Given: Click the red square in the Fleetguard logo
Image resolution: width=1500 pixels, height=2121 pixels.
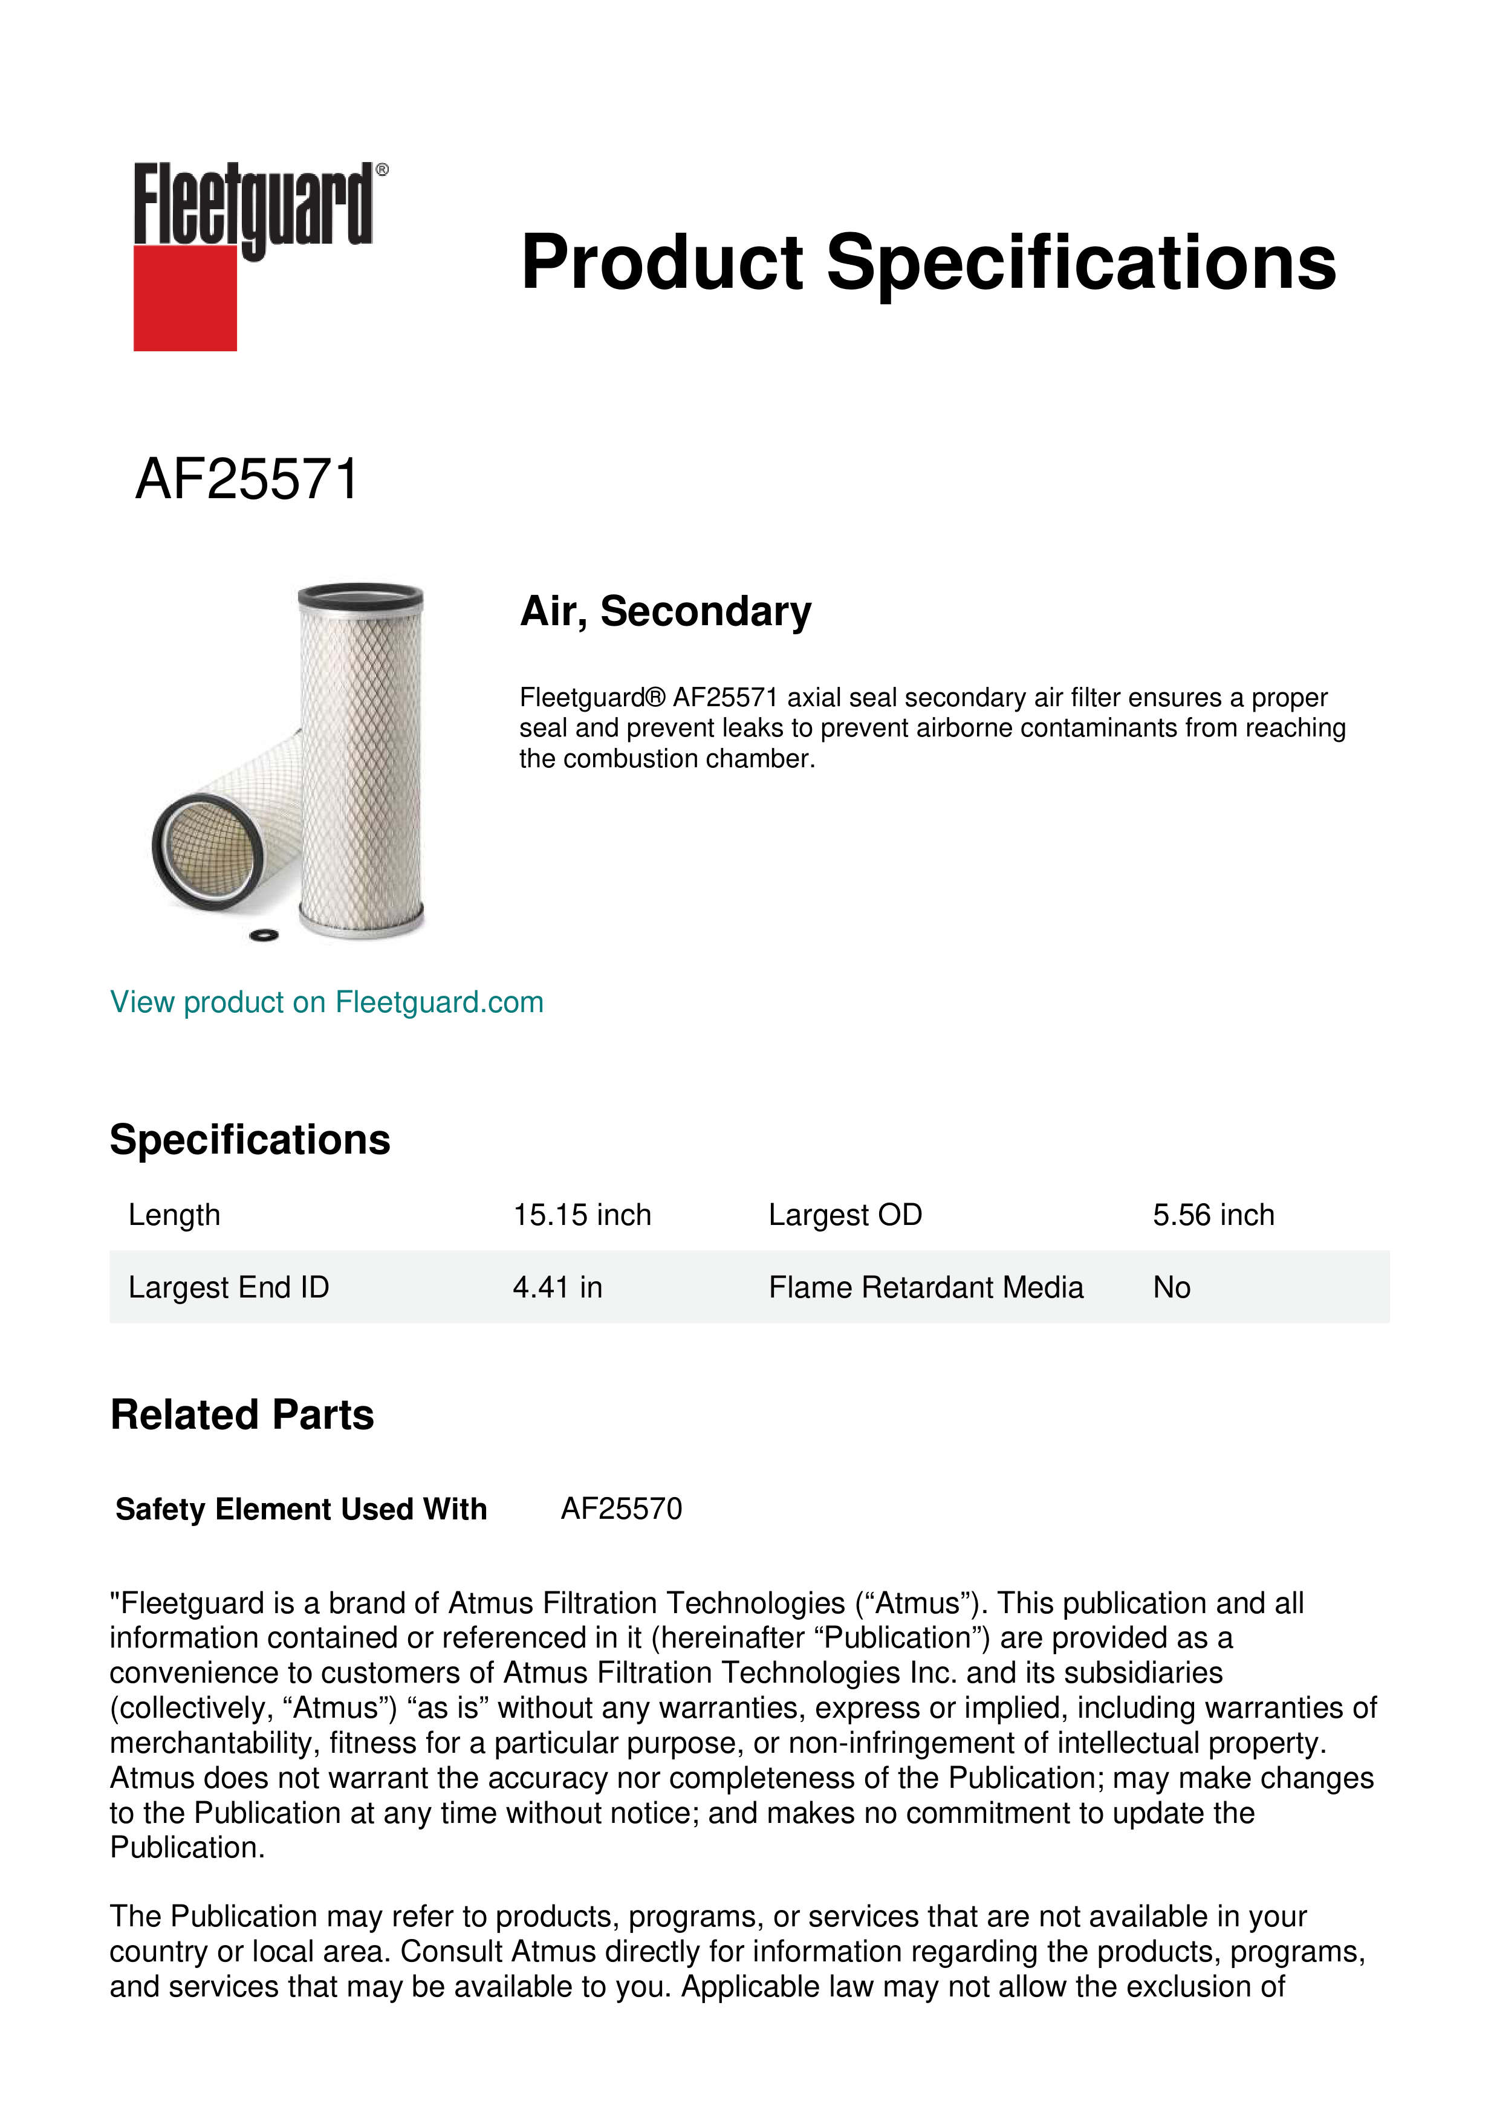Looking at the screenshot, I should (185, 299).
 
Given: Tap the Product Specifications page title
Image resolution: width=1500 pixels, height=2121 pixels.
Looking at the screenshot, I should (927, 262).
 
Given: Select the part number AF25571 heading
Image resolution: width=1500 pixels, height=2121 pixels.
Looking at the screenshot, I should (247, 480).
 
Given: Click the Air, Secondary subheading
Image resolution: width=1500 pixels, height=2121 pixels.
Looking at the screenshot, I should (665, 611).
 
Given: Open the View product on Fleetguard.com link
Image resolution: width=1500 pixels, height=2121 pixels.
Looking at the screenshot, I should (326, 1002).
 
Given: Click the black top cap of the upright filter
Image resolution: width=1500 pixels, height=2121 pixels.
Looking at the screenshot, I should (360, 596).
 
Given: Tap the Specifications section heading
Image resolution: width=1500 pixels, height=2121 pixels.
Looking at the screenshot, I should (249, 1140).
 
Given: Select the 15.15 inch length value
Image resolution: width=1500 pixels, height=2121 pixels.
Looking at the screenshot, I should (582, 1215).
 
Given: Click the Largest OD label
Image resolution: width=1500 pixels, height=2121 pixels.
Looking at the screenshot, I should (845, 1215).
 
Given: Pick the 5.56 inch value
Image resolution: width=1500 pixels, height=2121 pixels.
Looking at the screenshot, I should (1213, 1215).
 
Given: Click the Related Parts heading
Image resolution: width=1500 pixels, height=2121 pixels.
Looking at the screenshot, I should (242, 1415).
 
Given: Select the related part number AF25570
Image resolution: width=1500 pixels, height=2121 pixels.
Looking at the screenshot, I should (622, 1509).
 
